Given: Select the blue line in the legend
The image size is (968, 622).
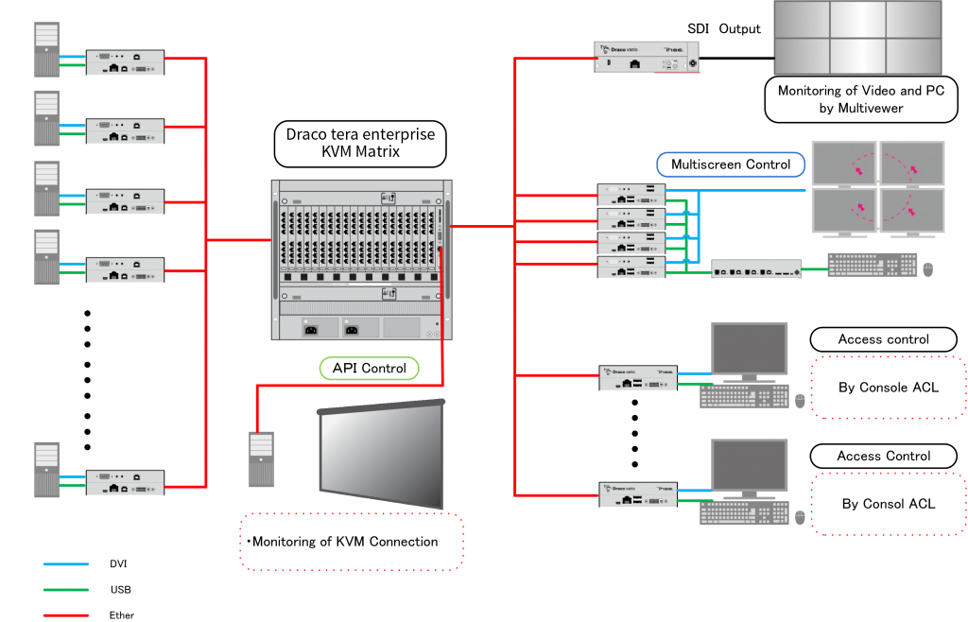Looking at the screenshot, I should pos(66,564).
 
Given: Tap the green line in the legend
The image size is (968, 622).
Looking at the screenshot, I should pos(66,590).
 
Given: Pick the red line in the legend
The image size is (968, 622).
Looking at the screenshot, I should pos(66,615).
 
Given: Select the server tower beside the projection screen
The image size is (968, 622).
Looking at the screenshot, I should pos(261,458).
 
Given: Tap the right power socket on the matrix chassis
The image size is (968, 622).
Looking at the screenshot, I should pos(352,328).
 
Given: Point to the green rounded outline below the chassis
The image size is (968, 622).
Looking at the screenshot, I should pos(369,369).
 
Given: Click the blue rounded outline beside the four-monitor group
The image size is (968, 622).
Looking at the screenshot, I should pos(730,165).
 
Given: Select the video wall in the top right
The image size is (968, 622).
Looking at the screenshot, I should pos(857,38).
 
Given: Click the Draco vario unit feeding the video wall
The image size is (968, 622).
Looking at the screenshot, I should pos(647,58).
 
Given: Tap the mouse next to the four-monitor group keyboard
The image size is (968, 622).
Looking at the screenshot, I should pos(928,270).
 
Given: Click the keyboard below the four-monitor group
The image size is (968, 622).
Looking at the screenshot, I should pos(871,266).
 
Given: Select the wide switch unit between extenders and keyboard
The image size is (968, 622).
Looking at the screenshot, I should pos(756,268).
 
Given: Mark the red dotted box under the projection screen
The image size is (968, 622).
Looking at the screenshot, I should pos(352,542).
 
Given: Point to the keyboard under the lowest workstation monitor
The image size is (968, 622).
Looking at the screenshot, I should pos(744,512).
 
